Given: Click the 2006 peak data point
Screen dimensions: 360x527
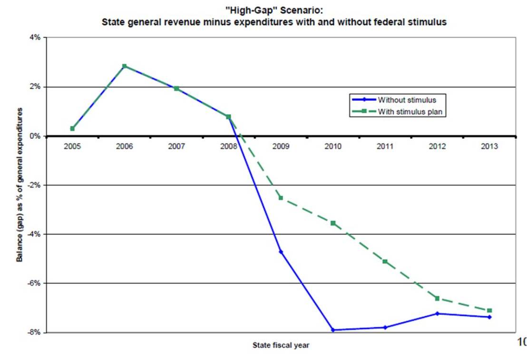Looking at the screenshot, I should [124, 66].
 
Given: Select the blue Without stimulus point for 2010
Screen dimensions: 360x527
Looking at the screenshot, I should [333, 330].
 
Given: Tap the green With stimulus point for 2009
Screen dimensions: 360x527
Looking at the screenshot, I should [281, 197].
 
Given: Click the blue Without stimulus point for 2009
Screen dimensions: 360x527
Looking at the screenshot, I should [281, 252].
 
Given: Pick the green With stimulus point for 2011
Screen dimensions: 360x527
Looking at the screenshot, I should [385, 262].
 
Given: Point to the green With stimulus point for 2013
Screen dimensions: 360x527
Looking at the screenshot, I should [489, 311].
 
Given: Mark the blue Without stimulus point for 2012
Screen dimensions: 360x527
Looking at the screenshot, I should [437, 313].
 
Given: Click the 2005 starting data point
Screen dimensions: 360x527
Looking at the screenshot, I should [72, 128].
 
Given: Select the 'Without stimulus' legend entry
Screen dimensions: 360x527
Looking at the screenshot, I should [407, 100].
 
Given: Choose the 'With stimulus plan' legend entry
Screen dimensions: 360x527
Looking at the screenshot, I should [411, 112].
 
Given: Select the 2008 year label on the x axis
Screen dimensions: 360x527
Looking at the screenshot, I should [228, 146].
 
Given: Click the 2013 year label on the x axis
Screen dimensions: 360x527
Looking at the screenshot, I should [489, 146].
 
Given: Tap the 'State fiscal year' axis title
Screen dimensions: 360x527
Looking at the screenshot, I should [281, 346].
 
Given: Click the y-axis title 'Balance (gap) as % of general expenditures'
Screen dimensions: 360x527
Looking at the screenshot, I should [20, 185].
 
